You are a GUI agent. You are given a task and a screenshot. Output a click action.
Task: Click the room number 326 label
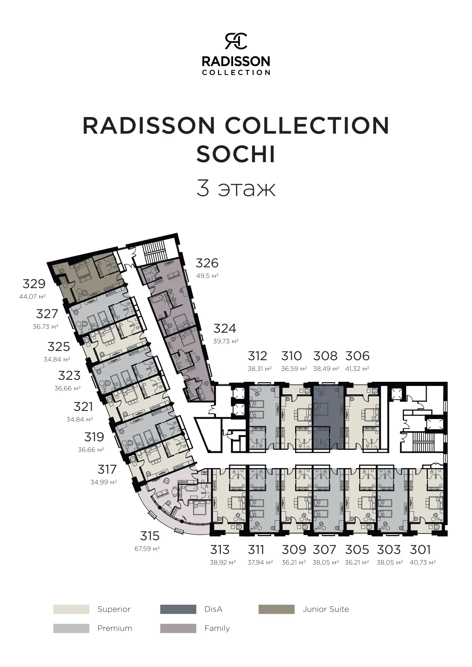pyautogui.click(x=207, y=263)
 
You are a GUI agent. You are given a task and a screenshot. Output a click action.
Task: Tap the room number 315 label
pyautogui.click(x=149, y=536)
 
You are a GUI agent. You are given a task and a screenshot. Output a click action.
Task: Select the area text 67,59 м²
pyautogui.click(x=147, y=549)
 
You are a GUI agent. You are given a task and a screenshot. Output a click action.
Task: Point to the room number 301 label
pyautogui.click(x=420, y=549)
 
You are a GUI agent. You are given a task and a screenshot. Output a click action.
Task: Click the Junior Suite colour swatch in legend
pyautogui.click(x=277, y=609)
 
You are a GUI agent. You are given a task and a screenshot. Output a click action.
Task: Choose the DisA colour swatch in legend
pyautogui.click(x=178, y=609)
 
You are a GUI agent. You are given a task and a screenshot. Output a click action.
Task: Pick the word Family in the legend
pyautogui.click(x=217, y=628)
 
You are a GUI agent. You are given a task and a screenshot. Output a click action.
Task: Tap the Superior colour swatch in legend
pyautogui.click(x=71, y=609)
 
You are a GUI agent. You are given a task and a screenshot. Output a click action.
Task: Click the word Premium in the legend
pyautogui.click(x=114, y=628)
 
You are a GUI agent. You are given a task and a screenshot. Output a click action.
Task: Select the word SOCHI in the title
pyautogui.click(x=236, y=154)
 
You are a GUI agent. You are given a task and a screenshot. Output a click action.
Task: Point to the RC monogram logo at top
pyautogui.click(x=236, y=41)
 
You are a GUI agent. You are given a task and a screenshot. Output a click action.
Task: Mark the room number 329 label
pyautogui.click(x=34, y=284)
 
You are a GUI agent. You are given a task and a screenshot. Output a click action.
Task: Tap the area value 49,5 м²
pyautogui.click(x=207, y=276)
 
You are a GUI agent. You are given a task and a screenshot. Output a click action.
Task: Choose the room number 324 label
pyautogui.click(x=225, y=328)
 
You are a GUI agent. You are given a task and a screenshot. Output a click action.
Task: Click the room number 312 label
pyautogui.click(x=257, y=356)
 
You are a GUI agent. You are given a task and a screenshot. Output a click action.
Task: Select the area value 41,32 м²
pyautogui.click(x=358, y=368)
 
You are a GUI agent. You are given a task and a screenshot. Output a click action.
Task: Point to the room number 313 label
pyautogui.click(x=220, y=549)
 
